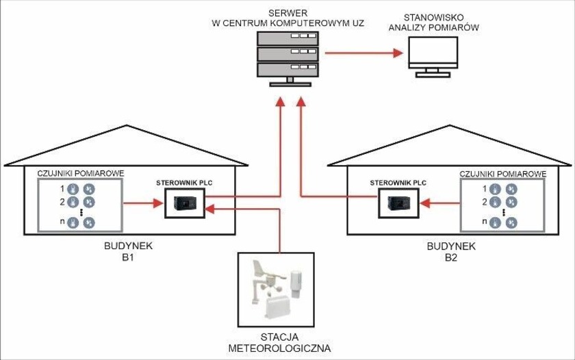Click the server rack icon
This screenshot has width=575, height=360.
coord(288,59)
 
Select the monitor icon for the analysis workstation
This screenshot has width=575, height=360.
coord(433,57)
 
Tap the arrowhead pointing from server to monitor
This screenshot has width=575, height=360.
coord(398,53)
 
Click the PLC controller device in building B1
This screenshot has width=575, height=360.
coord(185,203)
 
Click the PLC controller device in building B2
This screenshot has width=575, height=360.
coord(398,203)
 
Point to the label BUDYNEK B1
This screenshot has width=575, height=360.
coord(128,251)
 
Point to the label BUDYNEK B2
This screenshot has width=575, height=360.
coord(451,251)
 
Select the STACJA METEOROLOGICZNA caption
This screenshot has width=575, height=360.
coord(279,342)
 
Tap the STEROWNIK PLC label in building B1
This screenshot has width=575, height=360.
coord(184,183)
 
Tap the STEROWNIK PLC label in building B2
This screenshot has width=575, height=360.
coord(398,183)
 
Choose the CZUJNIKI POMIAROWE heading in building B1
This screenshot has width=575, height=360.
coord(81,173)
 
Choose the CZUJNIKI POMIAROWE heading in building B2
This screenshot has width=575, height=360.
coord(502,174)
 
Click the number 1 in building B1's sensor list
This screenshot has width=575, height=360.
coord(62,189)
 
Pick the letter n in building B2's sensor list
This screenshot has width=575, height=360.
coord(485,222)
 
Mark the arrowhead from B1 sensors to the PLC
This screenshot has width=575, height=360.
coord(158,203)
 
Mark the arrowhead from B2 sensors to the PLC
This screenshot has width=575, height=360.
coord(424,203)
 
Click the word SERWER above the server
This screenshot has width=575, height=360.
coord(288,13)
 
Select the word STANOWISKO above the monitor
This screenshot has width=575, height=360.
coord(434,17)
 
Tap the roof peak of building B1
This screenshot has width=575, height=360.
coord(127,125)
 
